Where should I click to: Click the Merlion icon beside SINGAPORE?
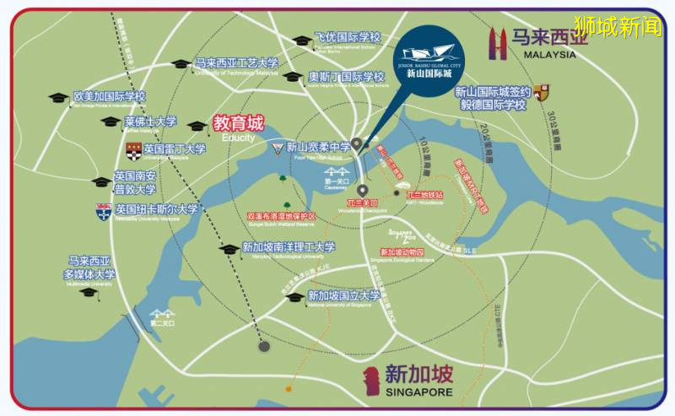pos(370,381)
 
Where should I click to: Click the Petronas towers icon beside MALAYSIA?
pos(499,43)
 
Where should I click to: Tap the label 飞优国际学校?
pos(347,37)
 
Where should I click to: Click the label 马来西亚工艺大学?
pos(236,63)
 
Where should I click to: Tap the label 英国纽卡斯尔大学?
pos(157,209)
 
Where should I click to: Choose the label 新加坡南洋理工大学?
pos(289,247)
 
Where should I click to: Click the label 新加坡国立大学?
pos(343,295)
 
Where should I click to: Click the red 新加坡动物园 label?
pos(402,252)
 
